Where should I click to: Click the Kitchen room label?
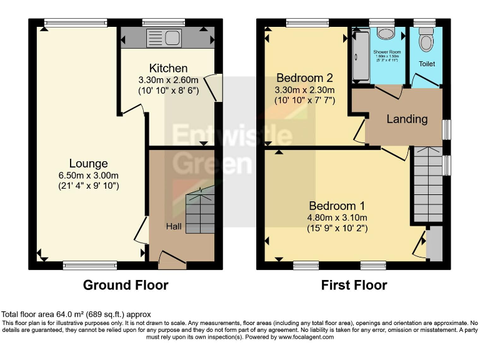tap(168, 68)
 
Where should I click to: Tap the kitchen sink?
tap(163, 38)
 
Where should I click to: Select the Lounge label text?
tap(88, 164)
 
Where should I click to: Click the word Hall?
tap(174, 226)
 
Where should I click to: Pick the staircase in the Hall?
tap(200, 212)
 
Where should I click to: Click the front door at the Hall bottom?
tap(171, 259)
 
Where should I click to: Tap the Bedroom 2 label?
tap(304, 78)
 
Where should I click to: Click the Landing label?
tap(407, 119)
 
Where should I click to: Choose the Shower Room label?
tap(387, 52)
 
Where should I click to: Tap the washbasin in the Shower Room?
tap(386, 34)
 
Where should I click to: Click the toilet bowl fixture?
tap(426, 42)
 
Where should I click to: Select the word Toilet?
tap(427, 64)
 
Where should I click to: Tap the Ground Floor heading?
tap(126, 286)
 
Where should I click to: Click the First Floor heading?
tap(354, 286)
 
